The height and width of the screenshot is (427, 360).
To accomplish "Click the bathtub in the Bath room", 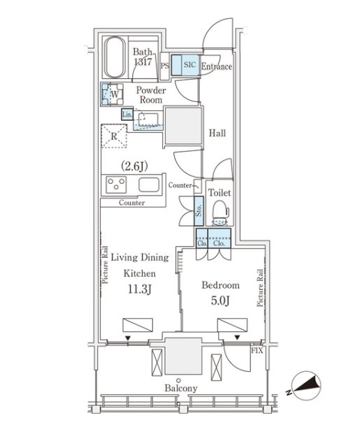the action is (x=115, y=57).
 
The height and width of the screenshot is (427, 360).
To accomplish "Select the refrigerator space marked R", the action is (x=114, y=136).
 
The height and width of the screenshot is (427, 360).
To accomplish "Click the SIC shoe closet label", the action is (x=189, y=64).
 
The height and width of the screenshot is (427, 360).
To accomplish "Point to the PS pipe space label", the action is (x=165, y=66).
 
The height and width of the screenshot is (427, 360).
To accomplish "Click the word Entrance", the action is (x=217, y=66).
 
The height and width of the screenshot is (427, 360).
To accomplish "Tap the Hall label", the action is (x=217, y=133).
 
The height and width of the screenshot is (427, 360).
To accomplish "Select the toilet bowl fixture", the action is (x=220, y=213).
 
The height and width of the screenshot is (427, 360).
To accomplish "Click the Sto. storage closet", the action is (x=199, y=211).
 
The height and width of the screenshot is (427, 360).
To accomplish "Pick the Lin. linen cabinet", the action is (x=127, y=115).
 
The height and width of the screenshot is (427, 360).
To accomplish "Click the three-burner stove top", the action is (x=116, y=185).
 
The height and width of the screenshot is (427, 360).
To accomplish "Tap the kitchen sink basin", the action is (x=149, y=185).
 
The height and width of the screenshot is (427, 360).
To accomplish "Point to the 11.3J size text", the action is (x=139, y=289).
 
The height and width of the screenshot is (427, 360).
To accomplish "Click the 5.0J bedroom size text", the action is (x=220, y=301).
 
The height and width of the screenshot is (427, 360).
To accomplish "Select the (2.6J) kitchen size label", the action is (x=134, y=166).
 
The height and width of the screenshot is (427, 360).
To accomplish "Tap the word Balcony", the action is (x=181, y=388).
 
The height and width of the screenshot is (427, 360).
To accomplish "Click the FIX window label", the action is (x=257, y=351).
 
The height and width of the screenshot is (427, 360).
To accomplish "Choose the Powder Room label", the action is (x=151, y=95).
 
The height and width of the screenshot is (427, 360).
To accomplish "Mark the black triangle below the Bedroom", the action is (x=237, y=338).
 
